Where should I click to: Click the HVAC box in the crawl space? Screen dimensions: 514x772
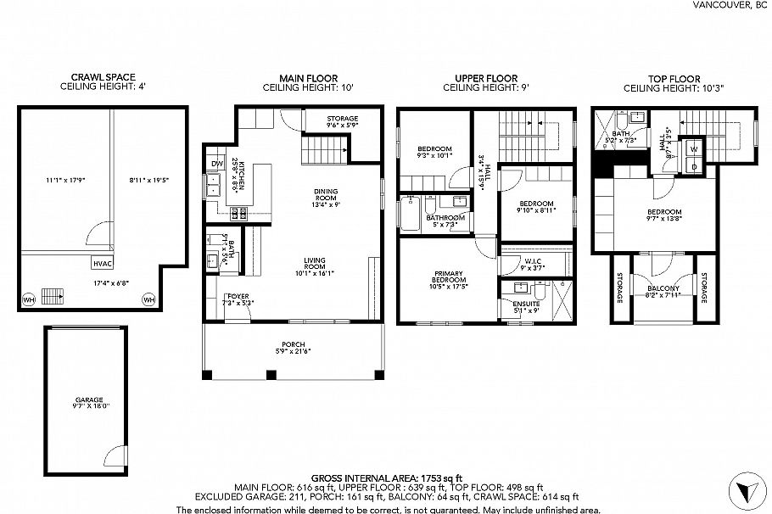(103, 263)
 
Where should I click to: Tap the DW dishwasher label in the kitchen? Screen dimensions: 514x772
(216, 163)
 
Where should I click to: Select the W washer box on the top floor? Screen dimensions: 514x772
(694, 149)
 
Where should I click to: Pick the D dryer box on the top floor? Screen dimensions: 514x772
(694, 166)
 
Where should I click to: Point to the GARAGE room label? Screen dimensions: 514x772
(88, 399)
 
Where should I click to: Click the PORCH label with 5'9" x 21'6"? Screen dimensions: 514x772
(294, 348)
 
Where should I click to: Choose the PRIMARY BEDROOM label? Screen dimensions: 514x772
(447, 277)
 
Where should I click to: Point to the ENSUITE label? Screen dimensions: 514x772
(524, 304)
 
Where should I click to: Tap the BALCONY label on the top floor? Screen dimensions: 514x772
(663, 288)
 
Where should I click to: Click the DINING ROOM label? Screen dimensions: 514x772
(327, 193)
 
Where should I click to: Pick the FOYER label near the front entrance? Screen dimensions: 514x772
(238, 297)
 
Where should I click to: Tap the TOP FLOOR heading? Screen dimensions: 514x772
(667, 77)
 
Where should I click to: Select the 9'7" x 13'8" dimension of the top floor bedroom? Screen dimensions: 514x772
(663, 219)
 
